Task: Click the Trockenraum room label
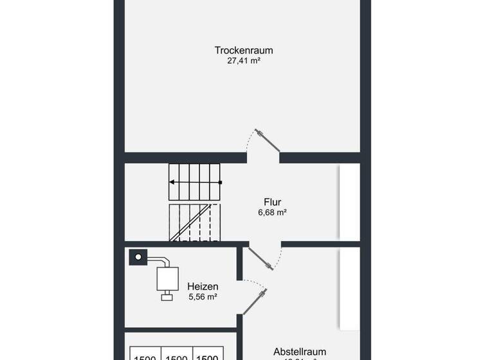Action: (244, 50)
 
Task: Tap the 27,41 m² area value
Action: (244, 61)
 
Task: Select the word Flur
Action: (272, 202)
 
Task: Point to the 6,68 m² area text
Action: (272, 213)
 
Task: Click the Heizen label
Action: (203, 286)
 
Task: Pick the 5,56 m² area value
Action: (203, 297)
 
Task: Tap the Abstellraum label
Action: (299, 352)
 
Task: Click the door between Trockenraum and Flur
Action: (264, 141)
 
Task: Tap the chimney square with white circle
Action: (137, 257)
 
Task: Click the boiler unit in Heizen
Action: (167, 278)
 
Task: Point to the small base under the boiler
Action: (167, 297)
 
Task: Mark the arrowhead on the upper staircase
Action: (172, 183)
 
